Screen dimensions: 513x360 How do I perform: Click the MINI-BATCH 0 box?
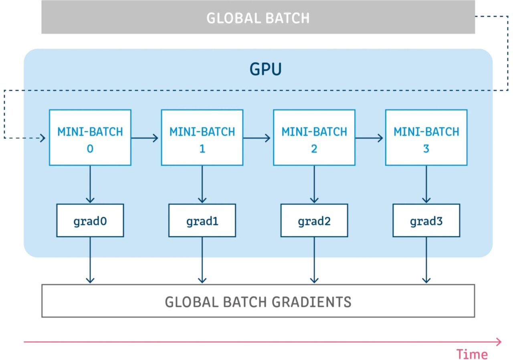(90, 137)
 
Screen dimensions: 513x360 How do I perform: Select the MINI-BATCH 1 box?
(202, 137)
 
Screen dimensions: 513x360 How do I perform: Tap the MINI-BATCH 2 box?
(314, 137)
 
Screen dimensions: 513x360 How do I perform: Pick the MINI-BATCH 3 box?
(426, 137)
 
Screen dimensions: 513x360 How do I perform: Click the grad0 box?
(90, 220)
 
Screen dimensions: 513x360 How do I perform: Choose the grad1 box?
(202, 220)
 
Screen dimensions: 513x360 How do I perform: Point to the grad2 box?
(314, 220)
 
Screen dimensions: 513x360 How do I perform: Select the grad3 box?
(426, 220)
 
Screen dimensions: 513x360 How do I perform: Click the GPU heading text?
(265, 69)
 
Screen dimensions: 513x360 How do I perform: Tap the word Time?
(472, 354)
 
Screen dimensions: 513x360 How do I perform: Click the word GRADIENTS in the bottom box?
(311, 302)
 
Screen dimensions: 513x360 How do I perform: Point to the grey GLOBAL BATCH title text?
(258, 18)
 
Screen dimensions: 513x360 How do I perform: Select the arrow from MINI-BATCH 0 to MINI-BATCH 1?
(145, 138)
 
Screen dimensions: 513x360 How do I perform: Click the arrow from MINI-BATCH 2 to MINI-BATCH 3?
(369, 138)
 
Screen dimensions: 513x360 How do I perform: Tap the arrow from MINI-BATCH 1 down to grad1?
(202, 184)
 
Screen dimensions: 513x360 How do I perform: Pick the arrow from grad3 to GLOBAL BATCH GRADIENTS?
(426, 260)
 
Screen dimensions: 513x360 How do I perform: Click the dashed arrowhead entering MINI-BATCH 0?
(42, 138)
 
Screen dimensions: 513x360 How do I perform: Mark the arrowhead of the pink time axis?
(499, 342)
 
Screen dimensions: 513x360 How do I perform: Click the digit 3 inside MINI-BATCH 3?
(426, 149)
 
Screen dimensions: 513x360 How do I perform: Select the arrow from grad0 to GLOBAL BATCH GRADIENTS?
(90, 260)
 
